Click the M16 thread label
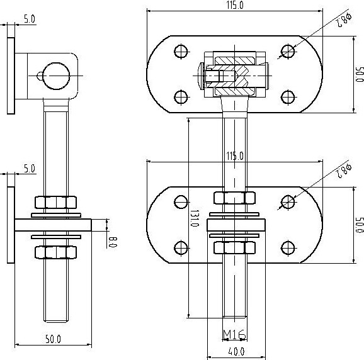[x=234, y=334]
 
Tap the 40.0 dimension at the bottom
[x=236, y=352]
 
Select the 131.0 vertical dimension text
[x=195, y=218]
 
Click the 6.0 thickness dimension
[x=113, y=242]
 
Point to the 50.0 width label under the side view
[x=53, y=339]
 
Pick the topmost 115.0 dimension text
[x=235, y=5]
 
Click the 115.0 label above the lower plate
[x=235, y=156]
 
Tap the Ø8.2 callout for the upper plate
[x=344, y=20]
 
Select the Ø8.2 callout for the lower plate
[x=344, y=171]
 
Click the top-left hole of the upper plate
[x=181, y=51]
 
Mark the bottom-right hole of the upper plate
[x=288, y=97]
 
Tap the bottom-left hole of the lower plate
[x=181, y=248]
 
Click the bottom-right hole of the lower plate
[x=288, y=248]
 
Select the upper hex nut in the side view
[x=55, y=202]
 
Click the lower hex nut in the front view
[x=234, y=247]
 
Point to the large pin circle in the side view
[x=57, y=76]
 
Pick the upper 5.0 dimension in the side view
[x=30, y=19]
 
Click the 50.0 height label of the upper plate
[x=360, y=74]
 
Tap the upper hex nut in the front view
[x=234, y=198]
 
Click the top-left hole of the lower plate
[x=181, y=202]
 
